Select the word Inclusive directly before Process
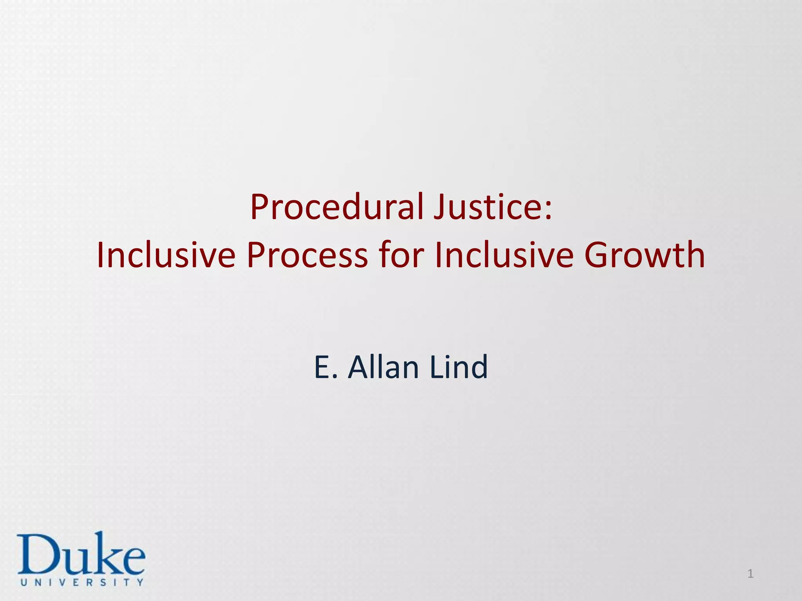coord(166,255)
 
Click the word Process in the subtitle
coord(307,255)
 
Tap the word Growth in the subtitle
coord(645,255)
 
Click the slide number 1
coord(750,574)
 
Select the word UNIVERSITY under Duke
coord(82,582)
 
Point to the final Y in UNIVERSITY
coord(140,582)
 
